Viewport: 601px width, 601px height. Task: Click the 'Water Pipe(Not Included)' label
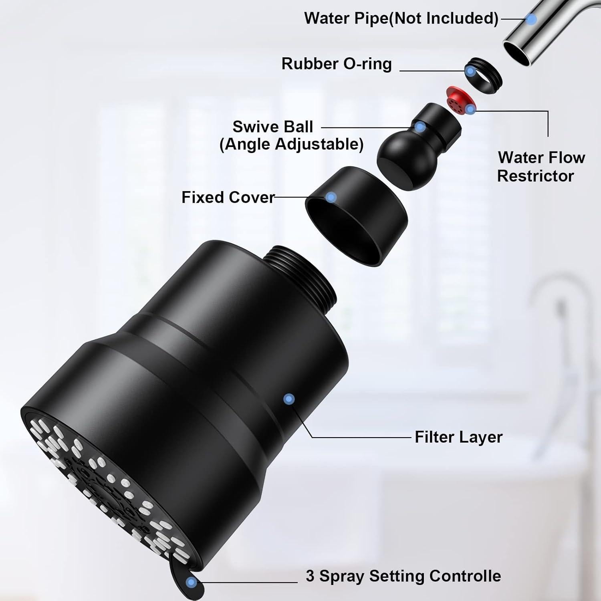pyautogui.click(x=401, y=18)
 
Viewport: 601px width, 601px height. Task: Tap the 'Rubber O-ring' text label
pyautogui.click(x=337, y=64)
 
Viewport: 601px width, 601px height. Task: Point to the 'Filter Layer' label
pyautogui.click(x=458, y=437)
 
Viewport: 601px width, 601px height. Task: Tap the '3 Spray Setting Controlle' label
pyautogui.click(x=403, y=576)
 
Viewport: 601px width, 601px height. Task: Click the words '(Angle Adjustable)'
pyautogui.click(x=291, y=144)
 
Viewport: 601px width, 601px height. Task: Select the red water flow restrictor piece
pyautogui.click(x=456, y=100)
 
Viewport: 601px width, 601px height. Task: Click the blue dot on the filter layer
pyautogui.click(x=289, y=399)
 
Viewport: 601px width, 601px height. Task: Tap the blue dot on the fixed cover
pyautogui.click(x=331, y=197)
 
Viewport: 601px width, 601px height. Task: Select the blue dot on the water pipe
pyautogui.click(x=531, y=19)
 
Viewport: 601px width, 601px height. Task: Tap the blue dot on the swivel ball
pyautogui.click(x=420, y=127)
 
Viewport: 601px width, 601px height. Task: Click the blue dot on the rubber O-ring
pyautogui.click(x=471, y=72)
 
